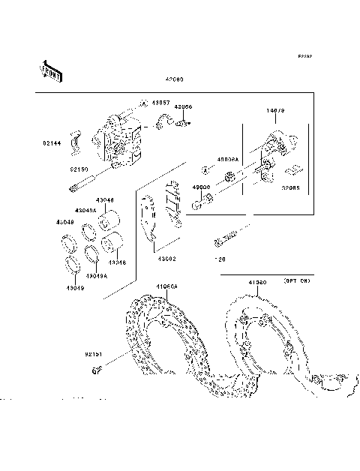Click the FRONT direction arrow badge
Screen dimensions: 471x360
click(50, 70)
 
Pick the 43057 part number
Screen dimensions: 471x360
click(161, 102)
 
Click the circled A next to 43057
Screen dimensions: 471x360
click(142, 103)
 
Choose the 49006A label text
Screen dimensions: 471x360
click(227, 160)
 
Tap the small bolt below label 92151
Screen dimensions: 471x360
click(97, 369)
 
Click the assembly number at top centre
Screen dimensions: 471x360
click(175, 79)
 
